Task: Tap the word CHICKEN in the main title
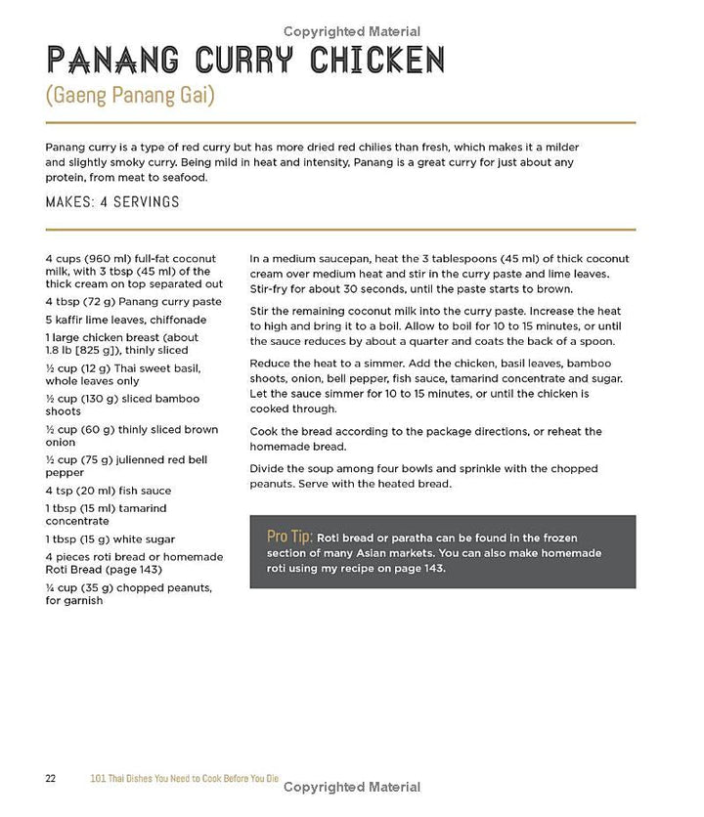pos(377,62)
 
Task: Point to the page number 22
pos(51,778)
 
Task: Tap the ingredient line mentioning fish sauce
pos(108,491)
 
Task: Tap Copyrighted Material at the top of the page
pos(352,31)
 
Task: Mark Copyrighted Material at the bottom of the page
pos(352,787)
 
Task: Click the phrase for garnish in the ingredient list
pos(73,601)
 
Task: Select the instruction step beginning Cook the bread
pos(425,439)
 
